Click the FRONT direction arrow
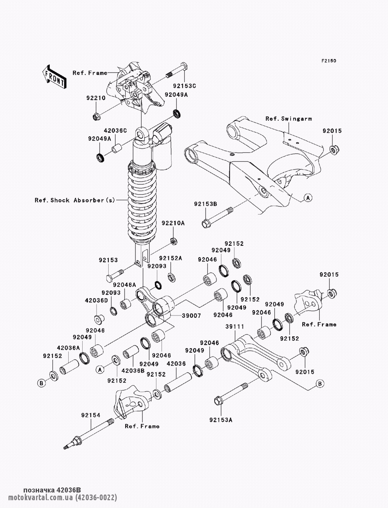pyautogui.click(x=54, y=76)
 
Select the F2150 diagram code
pyautogui.click(x=328, y=61)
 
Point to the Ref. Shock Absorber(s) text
pyautogui.click(x=75, y=200)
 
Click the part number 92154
pyautogui.click(x=91, y=415)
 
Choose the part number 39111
pyautogui.click(x=234, y=327)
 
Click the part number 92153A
pyautogui.click(x=220, y=420)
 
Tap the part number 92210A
pyautogui.click(x=173, y=223)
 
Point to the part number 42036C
pyautogui.click(x=115, y=131)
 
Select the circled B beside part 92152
pyautogui.click(x=42, y=383)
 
